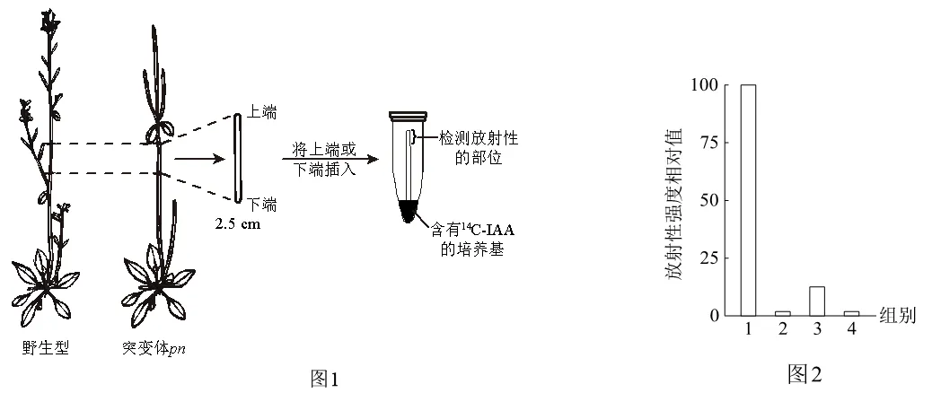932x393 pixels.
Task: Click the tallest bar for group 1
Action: click(x=748, y=200)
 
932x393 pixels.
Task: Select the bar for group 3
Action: click(x=817, y=301)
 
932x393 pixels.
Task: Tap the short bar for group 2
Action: click(x=782, y=313)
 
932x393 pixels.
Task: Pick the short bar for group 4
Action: click(x=852, y=313)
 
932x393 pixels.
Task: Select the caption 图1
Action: click(x=324, y=378)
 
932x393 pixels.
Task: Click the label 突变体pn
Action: click(x=153, y=348)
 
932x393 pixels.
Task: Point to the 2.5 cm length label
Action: click(x=238, y=225)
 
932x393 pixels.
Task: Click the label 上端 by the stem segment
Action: click(x=261, y=112)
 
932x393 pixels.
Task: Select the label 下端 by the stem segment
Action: click(x=261, y=205)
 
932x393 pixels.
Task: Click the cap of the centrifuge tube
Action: click(x=408, y=115)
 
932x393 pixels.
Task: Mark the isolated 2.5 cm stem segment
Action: click(x=238, y=159)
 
